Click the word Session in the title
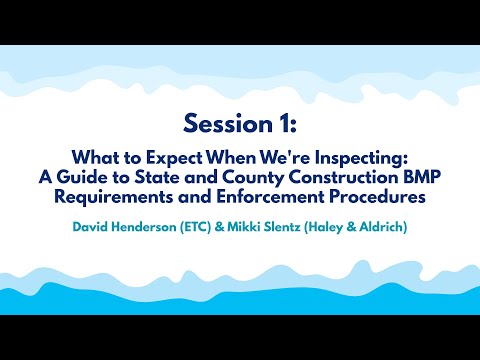point(221,123)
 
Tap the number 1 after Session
point(285,123)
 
